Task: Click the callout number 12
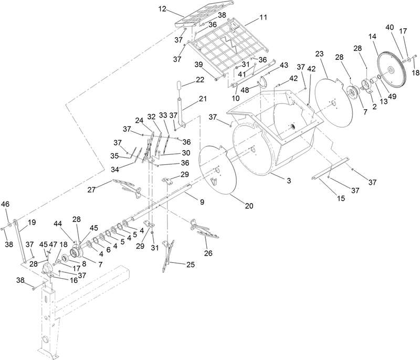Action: point(162,9)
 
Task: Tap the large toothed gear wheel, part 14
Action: point(392,70)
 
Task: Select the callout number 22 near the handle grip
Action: point(200,80)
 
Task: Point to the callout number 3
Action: point(289,181)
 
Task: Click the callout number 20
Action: point(249,206)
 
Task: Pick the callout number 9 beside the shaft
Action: point(202,202)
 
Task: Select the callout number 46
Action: point(5,204)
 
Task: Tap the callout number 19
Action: point(31,222)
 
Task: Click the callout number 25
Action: point(191,264)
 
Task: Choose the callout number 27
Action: point(91,189)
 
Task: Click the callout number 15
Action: point(341,198)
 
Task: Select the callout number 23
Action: point(319,54)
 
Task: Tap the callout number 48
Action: point(245,90)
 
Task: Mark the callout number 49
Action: point(392,97)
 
